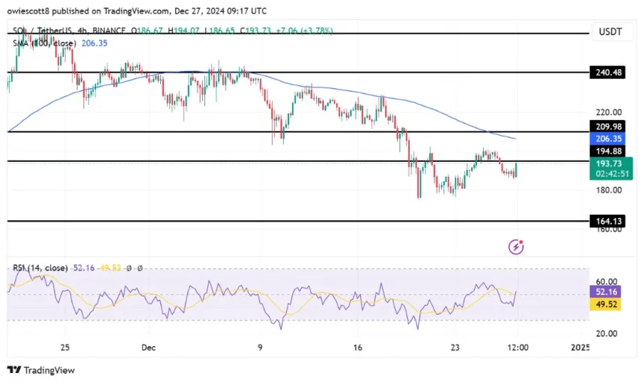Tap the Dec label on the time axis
coord(148,348)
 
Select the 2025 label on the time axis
coord(580,348)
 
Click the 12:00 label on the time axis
coord(518,348)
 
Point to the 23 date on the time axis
coord(454,348)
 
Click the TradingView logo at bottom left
coord(41,370)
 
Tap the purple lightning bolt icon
coord(515,246)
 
